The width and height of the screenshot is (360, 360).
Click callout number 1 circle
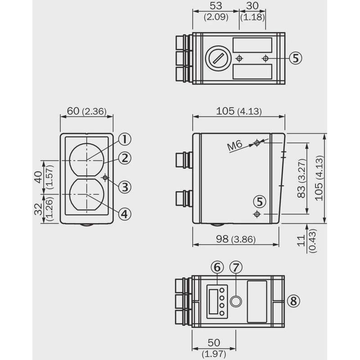coord(125,139)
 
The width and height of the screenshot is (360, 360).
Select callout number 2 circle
coord(125,158)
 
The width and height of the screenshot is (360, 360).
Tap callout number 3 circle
coord(125,187)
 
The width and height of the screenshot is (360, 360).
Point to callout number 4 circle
coord(125,214)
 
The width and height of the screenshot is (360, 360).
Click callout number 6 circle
coord(217,267)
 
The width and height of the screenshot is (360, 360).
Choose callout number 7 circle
coord(236,267)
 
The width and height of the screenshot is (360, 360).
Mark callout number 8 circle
coord(294,301)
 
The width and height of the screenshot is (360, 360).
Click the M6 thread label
coord(234,145)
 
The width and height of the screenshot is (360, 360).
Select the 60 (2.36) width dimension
coord(87,111)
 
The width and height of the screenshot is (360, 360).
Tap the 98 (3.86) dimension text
coord(236,239)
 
